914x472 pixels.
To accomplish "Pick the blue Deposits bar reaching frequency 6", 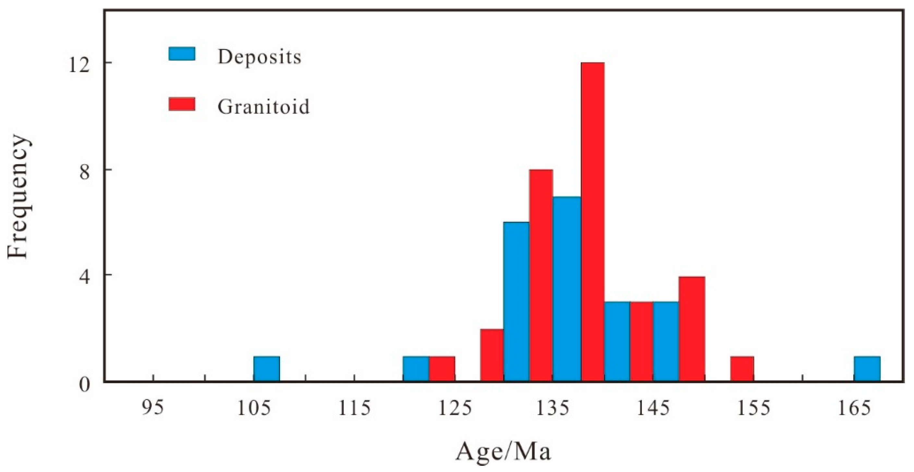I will [x=516, y=302].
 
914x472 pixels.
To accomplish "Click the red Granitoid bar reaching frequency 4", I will [x=691, y=328].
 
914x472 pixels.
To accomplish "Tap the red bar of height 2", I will [x=492, y=355].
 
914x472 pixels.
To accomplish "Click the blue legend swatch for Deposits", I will [x=182, y=54].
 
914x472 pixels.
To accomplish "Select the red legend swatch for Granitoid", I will [x=182, y=104].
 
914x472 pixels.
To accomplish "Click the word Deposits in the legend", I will [x=259, y=57].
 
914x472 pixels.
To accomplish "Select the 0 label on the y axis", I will [x=85, y=385].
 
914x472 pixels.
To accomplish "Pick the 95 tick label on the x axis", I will [x=153, y=408].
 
